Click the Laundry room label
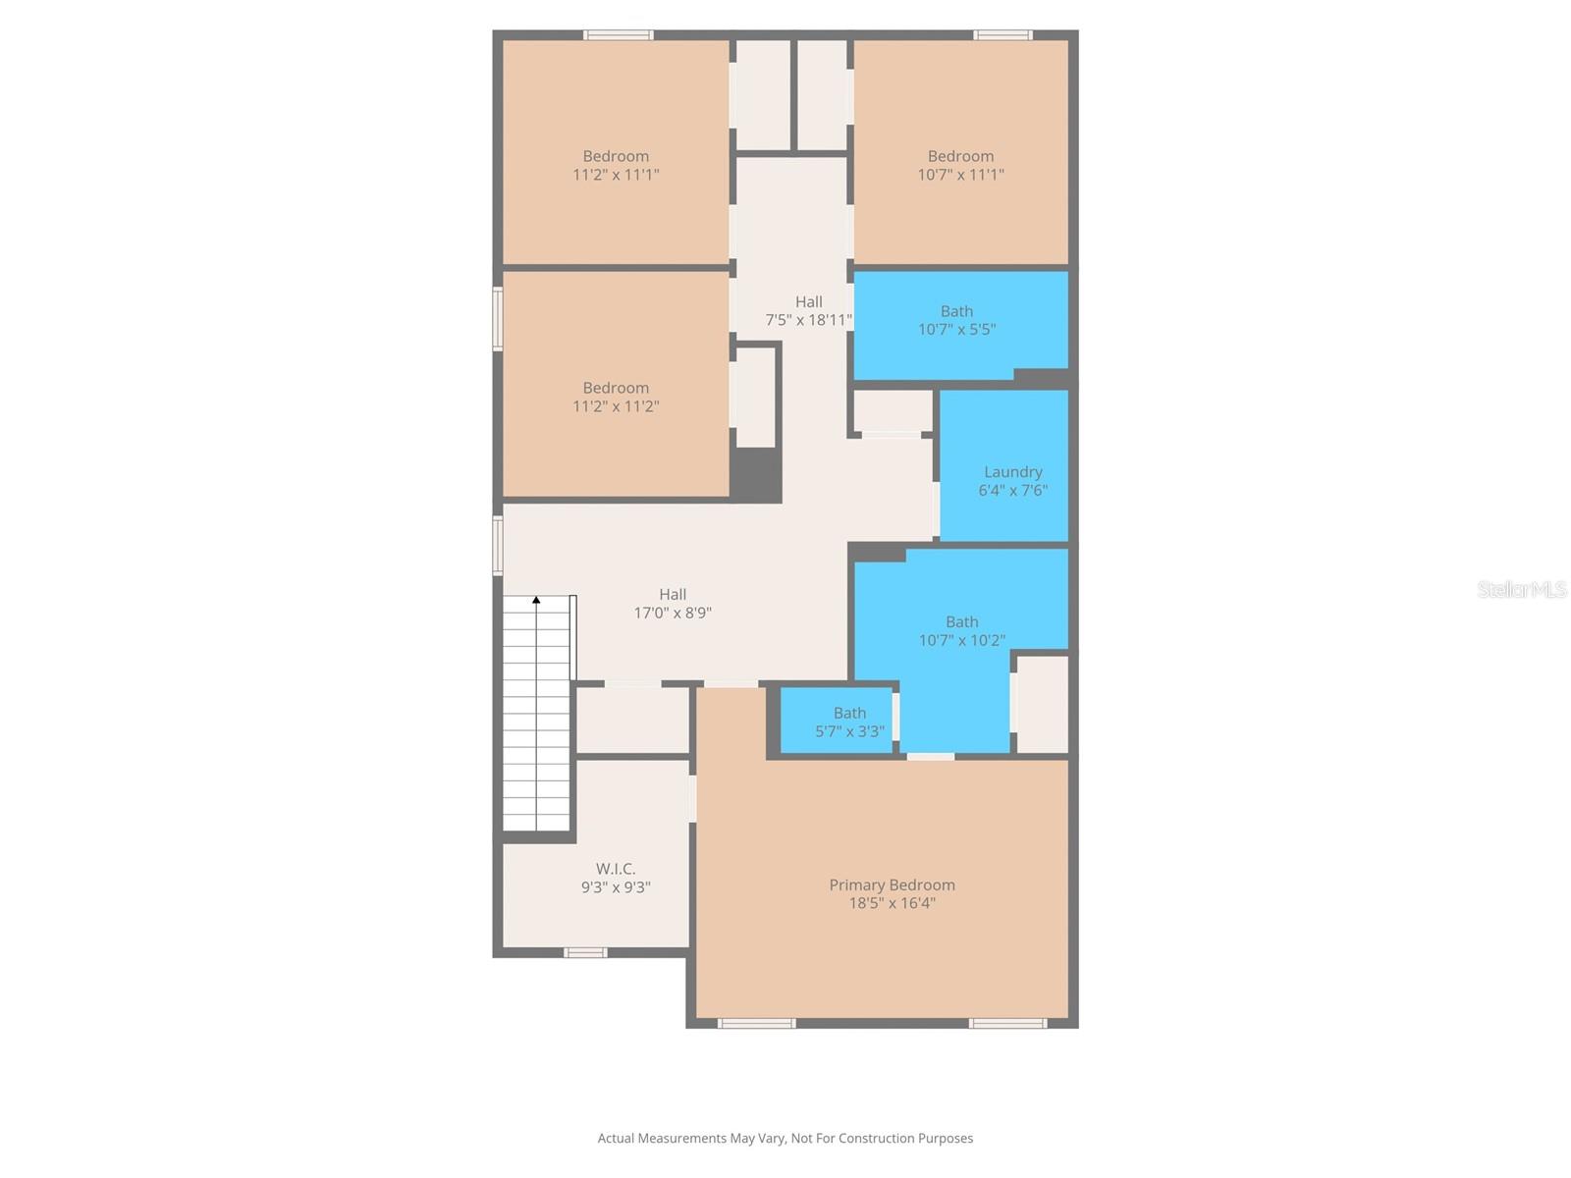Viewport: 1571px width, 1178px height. pos(1012,472)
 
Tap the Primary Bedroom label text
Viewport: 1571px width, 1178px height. pos(892,884)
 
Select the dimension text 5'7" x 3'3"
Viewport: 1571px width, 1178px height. pos(849,731)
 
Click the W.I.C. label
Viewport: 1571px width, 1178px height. pos(616,869)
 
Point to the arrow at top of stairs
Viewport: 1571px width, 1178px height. pos(536,599)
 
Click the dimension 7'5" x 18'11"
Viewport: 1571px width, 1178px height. pos(808,320)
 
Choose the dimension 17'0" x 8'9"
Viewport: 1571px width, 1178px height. pos(673,613)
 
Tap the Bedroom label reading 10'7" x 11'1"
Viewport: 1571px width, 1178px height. pos(960,156)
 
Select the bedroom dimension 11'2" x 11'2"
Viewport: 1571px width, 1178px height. pos(616,406)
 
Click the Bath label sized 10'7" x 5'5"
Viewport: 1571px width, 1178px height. pos(956,311)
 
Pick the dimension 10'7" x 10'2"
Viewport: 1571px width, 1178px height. pos(961,640)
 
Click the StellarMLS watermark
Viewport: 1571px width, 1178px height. pos(1521,589)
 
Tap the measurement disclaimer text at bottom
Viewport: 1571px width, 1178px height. pos(785,1138)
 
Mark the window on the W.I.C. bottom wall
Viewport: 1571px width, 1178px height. pos(585,952)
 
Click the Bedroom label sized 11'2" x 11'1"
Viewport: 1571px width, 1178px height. pos(616,156)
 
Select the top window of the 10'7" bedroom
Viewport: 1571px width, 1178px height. pos(1002,35)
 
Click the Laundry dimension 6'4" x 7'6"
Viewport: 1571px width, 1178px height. pos(1012,491)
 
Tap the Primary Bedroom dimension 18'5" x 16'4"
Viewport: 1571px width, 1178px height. pos(892,903)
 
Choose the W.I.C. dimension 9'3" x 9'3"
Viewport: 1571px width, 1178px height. pos(616,887)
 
